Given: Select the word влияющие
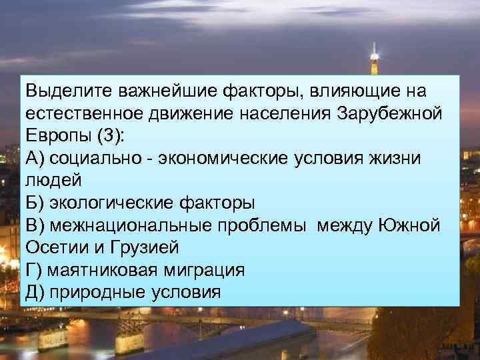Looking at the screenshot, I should pyautogui.click(x=343, y=90).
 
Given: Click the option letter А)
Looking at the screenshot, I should pyautogui.click(x=35, y=158).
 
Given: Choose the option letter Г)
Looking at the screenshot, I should pyautogui.click(x=33, y=271).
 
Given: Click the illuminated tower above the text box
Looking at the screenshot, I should pyautogui.click(x=374, y=60).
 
